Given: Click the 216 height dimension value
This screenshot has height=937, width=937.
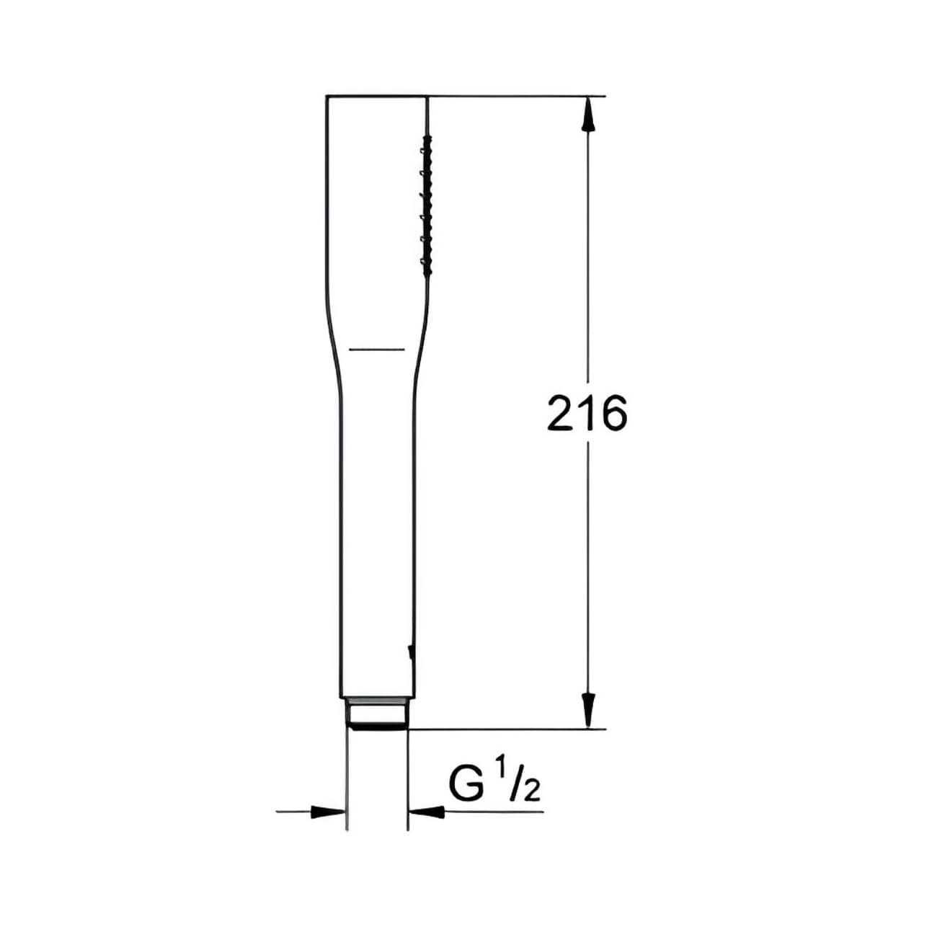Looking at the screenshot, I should pos(587,413).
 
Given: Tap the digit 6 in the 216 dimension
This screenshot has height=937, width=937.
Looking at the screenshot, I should pos(613,413).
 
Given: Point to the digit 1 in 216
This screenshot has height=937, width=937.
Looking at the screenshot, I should pos(588,413).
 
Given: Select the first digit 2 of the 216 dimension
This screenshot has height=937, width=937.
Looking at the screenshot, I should pos(562,413).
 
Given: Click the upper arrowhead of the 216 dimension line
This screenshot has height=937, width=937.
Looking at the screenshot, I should pos(588,114).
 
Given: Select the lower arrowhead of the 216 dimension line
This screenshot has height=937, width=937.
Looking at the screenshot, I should pos(588,711).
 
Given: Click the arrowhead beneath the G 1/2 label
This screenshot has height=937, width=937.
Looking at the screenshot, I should pos(427,812).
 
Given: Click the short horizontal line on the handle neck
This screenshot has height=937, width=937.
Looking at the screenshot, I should pos(377,350).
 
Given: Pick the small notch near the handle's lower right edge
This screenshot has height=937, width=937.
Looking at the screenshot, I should pos(410,653).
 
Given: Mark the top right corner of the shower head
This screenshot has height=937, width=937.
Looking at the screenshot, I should pos(428,97).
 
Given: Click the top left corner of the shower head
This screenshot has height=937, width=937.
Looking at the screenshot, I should pos(327,97).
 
